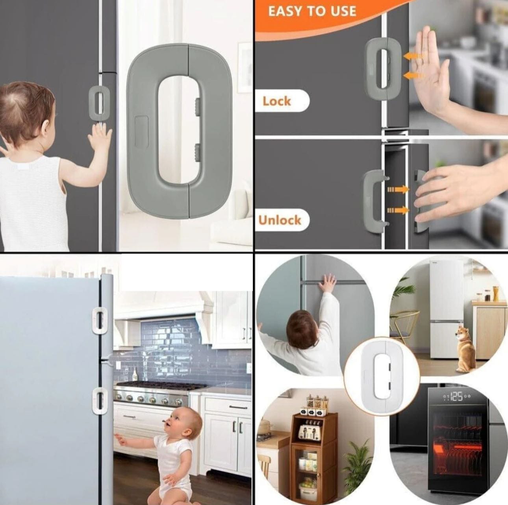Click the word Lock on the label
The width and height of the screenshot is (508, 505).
276,101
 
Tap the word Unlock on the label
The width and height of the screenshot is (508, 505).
280,220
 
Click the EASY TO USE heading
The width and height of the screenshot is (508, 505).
312,11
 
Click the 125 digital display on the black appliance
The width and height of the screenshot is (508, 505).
456,396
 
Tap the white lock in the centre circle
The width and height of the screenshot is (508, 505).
382,376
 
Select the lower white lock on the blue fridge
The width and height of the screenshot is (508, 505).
100,401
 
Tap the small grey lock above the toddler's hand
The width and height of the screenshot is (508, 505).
98,102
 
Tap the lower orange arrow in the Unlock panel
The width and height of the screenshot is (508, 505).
399,210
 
